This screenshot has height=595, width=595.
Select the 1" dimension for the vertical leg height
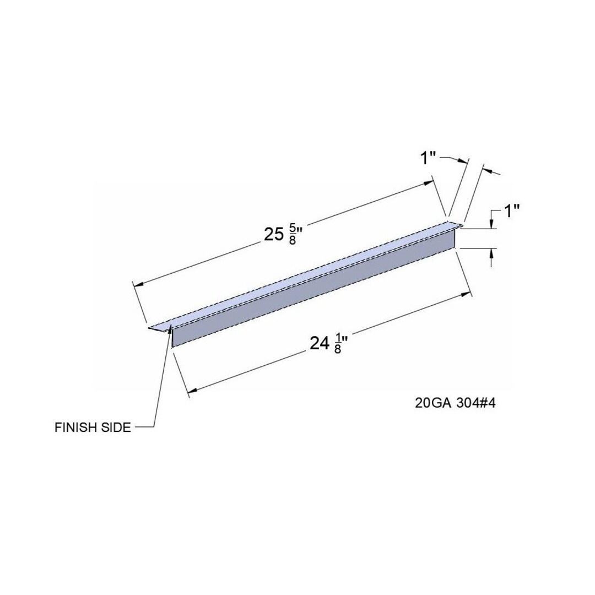pos(511,211)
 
